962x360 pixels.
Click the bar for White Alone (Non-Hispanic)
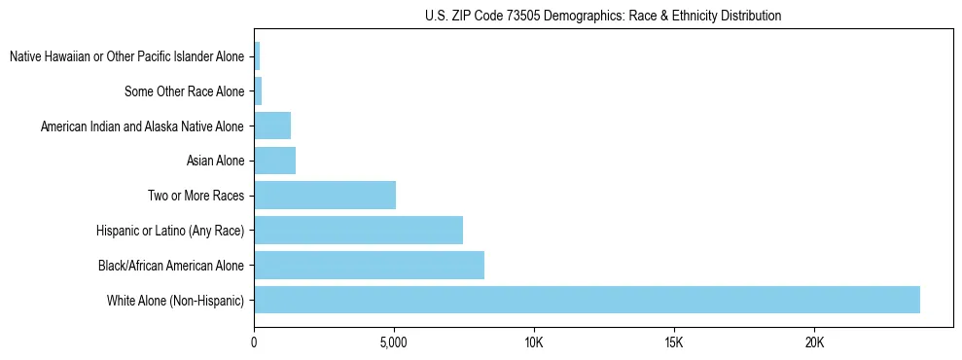pos(587,300)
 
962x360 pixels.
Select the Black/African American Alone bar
pos(369,265)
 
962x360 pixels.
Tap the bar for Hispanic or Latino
pos(358,230)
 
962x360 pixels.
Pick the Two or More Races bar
pos(325,196)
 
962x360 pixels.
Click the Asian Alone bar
pos(274,161)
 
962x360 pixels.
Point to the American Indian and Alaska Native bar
pos(272,126)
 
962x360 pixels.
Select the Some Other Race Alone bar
pos(258,91)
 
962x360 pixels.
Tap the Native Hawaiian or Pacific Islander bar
pos(257,56)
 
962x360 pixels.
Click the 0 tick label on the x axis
pos(254,343)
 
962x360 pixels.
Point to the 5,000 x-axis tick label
pos(394,343)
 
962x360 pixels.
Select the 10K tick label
pos(534,343)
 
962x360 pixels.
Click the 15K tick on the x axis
pos(674,343)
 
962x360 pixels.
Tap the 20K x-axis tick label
pos(814,343)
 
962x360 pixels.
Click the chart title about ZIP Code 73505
pos(603,16)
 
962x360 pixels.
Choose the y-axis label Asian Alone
pos(215,162)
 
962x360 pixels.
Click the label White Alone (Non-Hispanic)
pos(176,301)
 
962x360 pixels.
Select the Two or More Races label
pos(196,197)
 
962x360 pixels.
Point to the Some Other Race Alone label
pos(185,92)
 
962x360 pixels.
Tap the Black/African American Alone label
pos(171,266)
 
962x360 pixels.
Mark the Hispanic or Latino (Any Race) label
pos(170,231)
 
